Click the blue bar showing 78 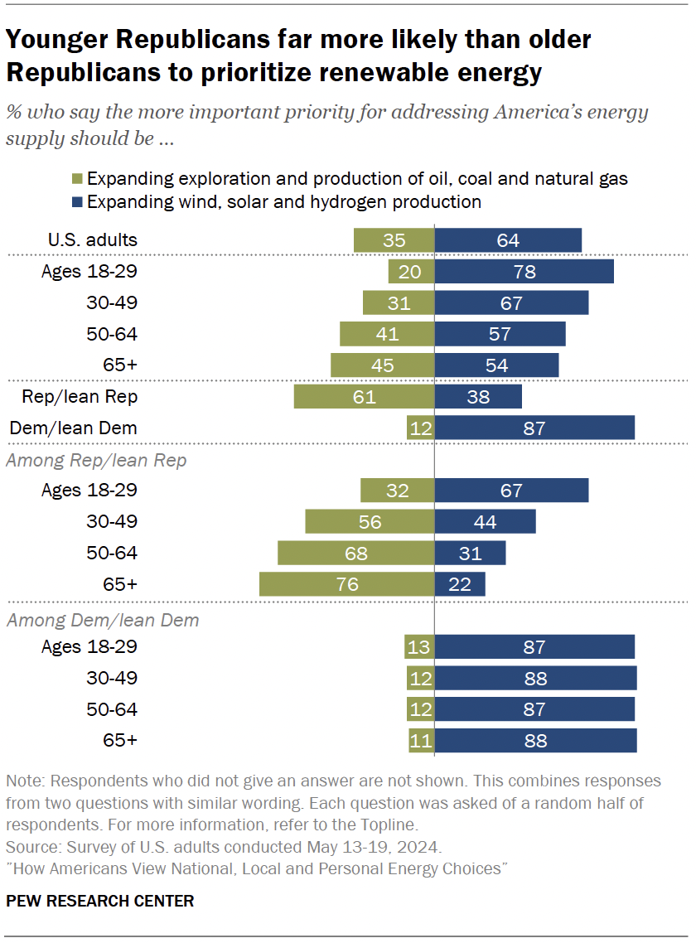(x=524, y=272)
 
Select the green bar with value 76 (x=346, y=584)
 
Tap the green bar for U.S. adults (x=394, y=240)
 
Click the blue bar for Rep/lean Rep (x=478, y=397)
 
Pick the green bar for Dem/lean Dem (x=420, y=428)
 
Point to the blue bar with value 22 (x=460, y=584)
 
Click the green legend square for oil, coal (x=77, y=179)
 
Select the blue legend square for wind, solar (x=77, y=202)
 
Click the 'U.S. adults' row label (x=91, y=240)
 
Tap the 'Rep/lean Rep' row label (x=80, y=397)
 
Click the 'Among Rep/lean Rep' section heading (x=96, y=461)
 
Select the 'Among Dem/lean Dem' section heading (x=102, y=619)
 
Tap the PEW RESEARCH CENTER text (x=99, y=901)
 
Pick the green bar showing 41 (x=387, y=334)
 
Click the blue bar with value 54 (x=496, y=365)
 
